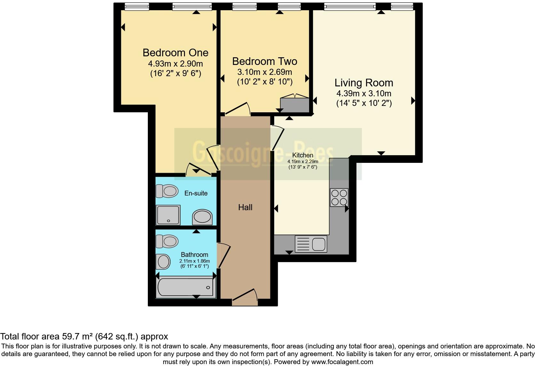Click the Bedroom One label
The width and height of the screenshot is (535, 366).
[x=175, y=52]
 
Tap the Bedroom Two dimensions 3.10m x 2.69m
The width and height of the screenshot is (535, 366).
[x=265, y=72]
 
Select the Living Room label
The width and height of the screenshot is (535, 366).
[x=364, y=83]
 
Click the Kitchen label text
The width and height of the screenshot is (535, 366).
[x=303, y=155]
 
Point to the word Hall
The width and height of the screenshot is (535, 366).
[x=245, y=207]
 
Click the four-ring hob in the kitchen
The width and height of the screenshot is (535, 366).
[x=339, y=197]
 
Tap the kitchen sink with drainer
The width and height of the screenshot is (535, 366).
[x=311, y=244]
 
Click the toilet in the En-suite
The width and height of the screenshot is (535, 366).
[x=167, y=191]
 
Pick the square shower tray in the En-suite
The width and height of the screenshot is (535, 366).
[x=168, y=215]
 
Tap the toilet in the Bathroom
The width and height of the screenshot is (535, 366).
[x=167, y=242]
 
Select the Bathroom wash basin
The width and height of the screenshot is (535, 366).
[x=163, y=262]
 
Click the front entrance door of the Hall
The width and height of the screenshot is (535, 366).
[x=245, y=296]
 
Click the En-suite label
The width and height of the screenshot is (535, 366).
[x=196, y=193]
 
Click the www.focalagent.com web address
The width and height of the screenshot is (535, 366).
[x=342, y=362]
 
